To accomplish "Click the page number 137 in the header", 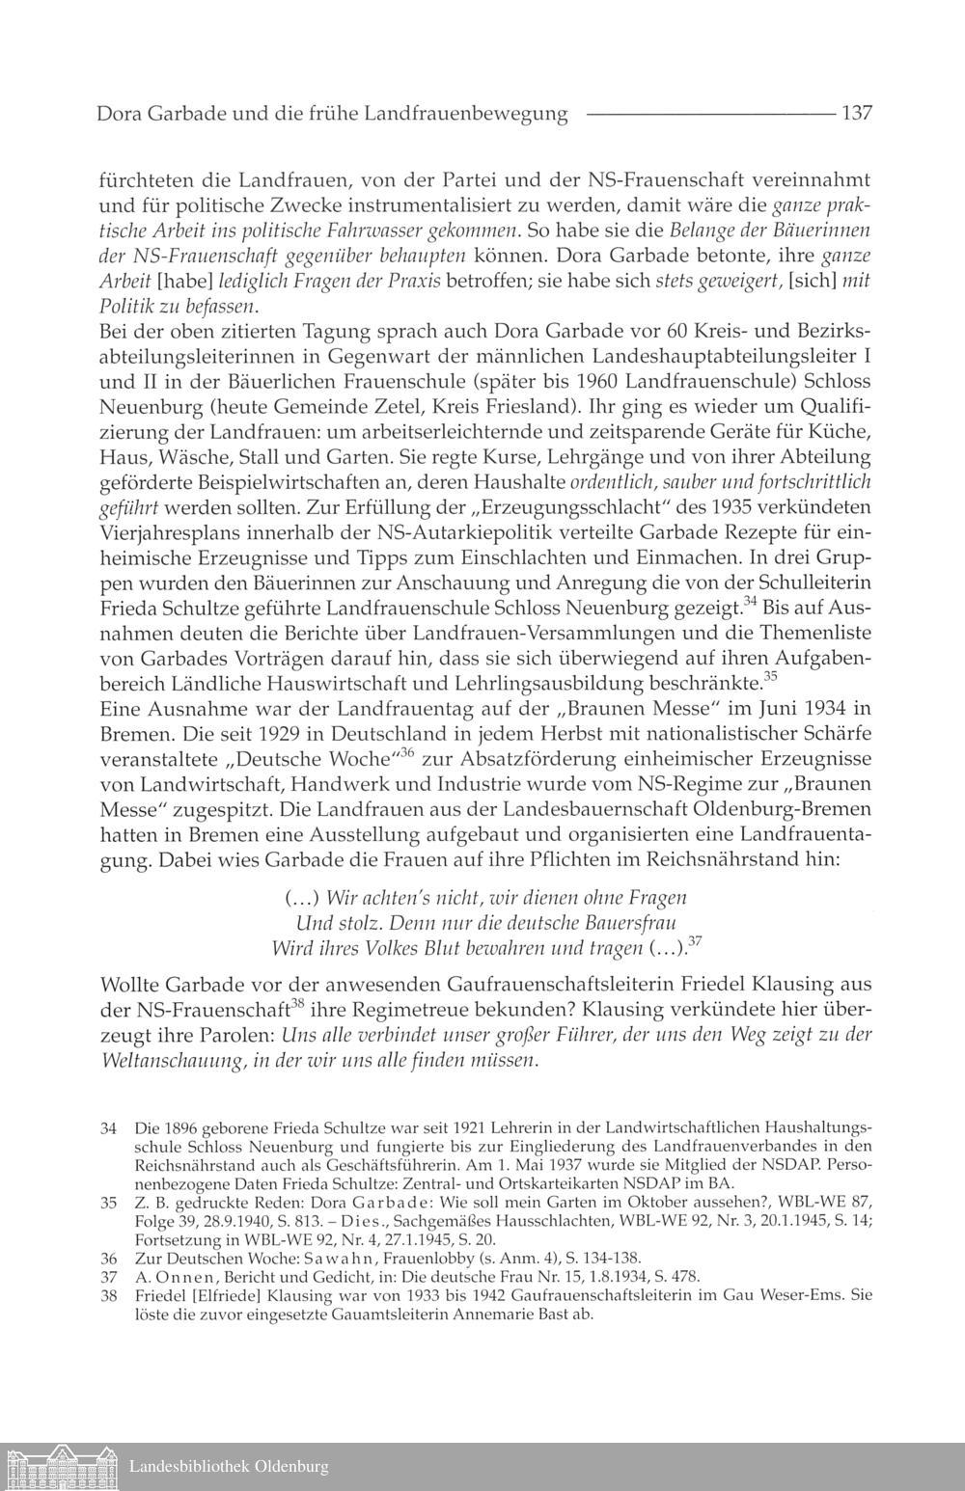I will click(x=857, y=114).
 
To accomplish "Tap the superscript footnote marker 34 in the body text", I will click(x=751, y=603).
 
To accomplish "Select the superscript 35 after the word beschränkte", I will click(x=770, y=676).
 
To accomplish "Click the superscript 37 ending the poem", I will click(x=696, y=941).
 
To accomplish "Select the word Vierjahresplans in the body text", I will click(x=167, y=531).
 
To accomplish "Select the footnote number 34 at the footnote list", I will click(x=108, y=1127).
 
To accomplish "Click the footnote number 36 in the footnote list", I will click(x=108, y=1258).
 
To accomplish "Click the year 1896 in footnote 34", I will click(x=179, y=1127).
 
